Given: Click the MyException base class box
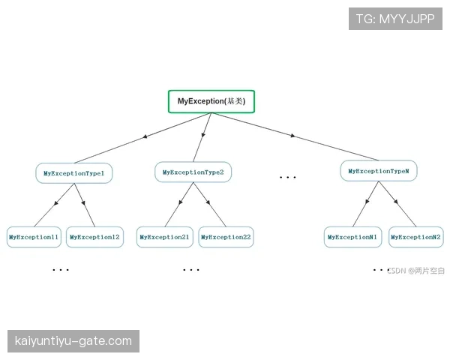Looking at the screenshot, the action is coord(211,102).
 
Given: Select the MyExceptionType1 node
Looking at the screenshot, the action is coord(74,173).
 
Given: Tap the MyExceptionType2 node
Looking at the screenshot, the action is coord(193,172).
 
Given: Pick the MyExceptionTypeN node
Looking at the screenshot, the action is coord(379,171).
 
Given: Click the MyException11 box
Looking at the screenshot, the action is coord(34,237).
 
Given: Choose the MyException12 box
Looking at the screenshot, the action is coord(94,237).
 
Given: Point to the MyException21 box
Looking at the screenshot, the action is coord(165,237).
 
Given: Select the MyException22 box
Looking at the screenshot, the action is coord(226,237).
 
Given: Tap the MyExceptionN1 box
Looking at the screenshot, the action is coord(352,237).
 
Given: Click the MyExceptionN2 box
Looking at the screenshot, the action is coord(415,237).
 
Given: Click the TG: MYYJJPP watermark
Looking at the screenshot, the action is coord(395,19).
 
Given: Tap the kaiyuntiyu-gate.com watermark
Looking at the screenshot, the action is coord(73,341).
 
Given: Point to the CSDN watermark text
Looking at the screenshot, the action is coord(415,271).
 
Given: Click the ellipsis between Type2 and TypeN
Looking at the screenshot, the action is coord(287,178).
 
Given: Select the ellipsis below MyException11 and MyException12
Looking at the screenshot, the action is coord(61,270).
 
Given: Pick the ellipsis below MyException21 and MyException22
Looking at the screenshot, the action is coord(191,270).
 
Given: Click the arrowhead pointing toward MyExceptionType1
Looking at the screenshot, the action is coord(145,136).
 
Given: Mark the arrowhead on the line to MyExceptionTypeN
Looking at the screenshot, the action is coord(292,136).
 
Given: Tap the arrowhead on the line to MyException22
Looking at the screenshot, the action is coord(208,202).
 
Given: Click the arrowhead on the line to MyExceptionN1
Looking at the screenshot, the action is coord(367,202).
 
